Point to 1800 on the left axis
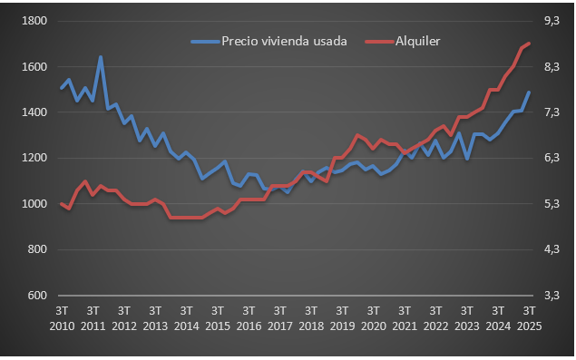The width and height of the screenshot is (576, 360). coord(35,21)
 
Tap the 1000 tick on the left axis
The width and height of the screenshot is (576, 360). coord(35,204)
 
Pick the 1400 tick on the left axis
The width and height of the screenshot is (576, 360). coord(35,112)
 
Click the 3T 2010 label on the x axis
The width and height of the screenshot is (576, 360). coord(61,317)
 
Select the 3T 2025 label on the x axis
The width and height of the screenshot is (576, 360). coord(530,317)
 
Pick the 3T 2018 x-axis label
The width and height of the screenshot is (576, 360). coord(311,317)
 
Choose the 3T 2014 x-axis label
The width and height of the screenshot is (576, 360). coord(186,317)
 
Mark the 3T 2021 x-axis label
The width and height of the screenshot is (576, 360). coord(405,317)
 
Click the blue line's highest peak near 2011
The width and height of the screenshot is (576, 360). coord(101,57)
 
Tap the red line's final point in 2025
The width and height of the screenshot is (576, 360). coord(530,43)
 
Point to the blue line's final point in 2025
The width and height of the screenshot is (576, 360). coord(530,92)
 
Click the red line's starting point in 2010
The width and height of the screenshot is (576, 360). coord(61,204)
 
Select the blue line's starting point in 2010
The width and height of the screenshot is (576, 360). coord(61,88)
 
